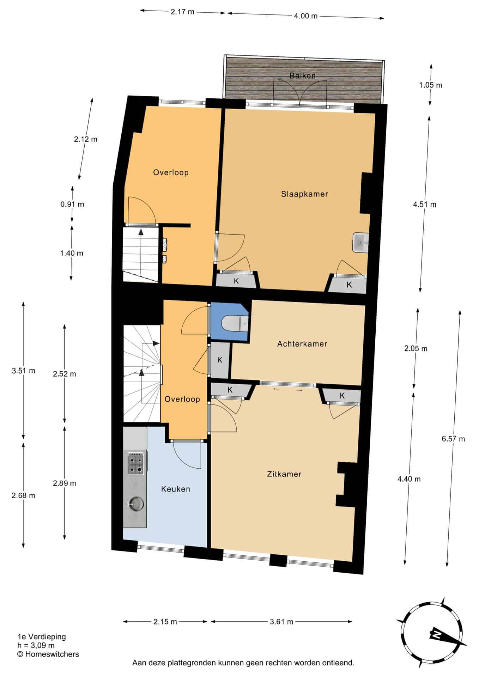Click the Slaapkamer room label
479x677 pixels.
[x=304, y=194]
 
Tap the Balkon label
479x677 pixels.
[x=302, y=75]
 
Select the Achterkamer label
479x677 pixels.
[x=302, y=344]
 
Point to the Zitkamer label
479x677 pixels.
[x=284, y=474]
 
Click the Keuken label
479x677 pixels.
[x=176, y=489]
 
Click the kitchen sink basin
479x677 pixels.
[x=135, y=504]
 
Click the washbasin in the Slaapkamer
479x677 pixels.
[x=360, y=243]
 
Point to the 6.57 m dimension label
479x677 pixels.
[x=453, y=439]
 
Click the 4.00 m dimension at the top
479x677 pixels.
[x=306, y=16]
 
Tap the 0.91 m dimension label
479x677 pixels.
[x=72, y=204]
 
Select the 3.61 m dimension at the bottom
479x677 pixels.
[x=281, y=622]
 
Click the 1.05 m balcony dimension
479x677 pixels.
[x=430, y=85]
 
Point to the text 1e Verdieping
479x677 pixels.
[x=42, y=637]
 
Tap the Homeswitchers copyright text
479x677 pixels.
[x=48, y=654]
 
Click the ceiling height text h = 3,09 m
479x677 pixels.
[x=36, y=646]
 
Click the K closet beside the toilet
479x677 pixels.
[x=220, y=360]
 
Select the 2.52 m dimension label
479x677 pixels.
[x=65, y=374]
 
